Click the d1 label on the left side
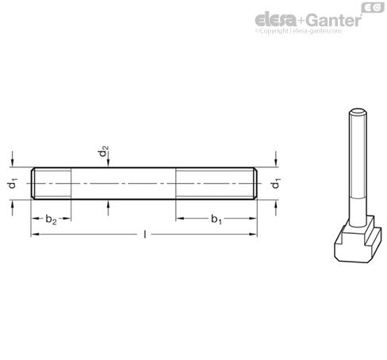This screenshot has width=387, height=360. pos(12,184)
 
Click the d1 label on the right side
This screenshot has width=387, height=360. pos(276,184)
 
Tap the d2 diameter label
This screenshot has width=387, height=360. pos(104,153)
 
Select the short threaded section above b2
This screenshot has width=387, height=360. pos(52,183)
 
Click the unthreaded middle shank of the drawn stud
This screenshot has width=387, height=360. pos(123,183)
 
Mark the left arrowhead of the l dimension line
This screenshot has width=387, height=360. pos(34,234)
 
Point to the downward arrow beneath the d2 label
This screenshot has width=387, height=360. pos(108,166)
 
